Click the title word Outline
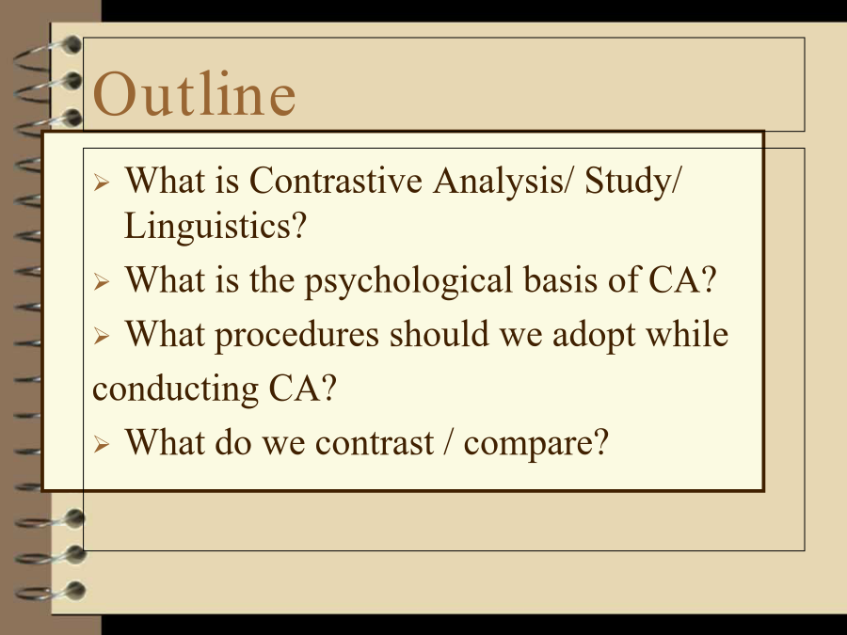195,94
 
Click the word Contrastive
335,180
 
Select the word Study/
633,181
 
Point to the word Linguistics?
216,226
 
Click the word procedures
297,335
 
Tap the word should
439,333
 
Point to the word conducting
176,389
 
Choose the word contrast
375,443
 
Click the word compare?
536,444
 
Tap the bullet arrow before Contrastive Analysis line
102,182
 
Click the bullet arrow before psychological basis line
102,281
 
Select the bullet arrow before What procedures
102,336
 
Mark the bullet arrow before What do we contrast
102,444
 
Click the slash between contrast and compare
449,443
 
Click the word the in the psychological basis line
272,279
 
